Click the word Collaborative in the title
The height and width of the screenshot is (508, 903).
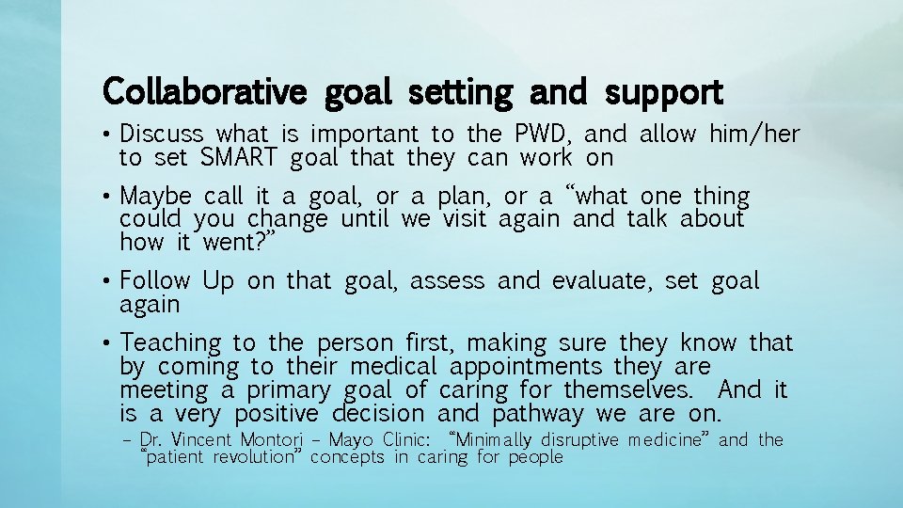pyautogui.click(x=203, y=93)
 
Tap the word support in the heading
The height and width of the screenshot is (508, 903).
pyautogui.click(x=664, y=93)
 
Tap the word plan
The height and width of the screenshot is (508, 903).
pyautogui.click(x=465, y=197)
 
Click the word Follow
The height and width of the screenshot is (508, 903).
pyautogui.click(x=155, y=281)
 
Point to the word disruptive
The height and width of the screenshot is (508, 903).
pyautogui.click(x=580, y=440)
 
